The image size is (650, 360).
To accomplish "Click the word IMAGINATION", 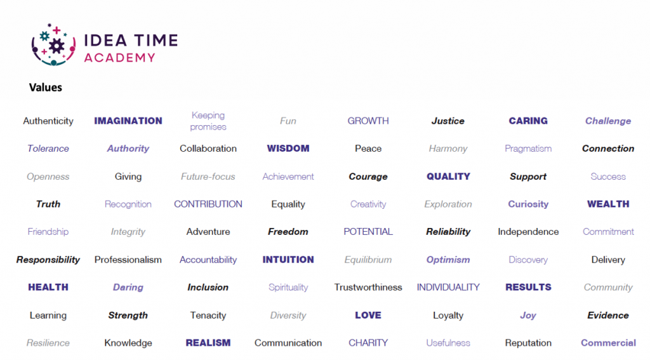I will (x=128, y=121).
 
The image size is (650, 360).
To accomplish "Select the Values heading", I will (x=46, y=88).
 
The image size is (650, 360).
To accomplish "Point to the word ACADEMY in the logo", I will (x=119, y=58).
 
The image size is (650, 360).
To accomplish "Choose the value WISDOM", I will (x=288, y=149).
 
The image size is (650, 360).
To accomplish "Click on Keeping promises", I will (x=208, y=121).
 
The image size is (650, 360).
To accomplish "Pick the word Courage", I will (x=368, y=177).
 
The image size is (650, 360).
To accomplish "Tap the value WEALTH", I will (x=608, y=204).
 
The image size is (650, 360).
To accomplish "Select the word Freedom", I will (x=288, y=232).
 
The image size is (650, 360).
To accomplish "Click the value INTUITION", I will (x=288, y=260).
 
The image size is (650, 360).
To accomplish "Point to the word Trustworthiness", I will (x=368, y=287).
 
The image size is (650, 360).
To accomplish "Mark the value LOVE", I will (x=368, y=315).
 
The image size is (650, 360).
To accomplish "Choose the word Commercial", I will (x=608, y=343).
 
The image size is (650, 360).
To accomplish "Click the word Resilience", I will (x=48, y=343).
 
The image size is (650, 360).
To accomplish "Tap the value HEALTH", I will (x=48, y=287).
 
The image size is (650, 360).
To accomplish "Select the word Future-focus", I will (x=208, y=177).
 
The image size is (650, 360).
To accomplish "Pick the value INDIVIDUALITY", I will (x=448, y=287).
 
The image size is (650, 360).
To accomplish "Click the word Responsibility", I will (x=48, y=260).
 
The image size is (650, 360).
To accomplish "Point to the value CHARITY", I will (x=368, y=343).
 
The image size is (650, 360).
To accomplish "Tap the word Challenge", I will (x=608, y=121).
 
